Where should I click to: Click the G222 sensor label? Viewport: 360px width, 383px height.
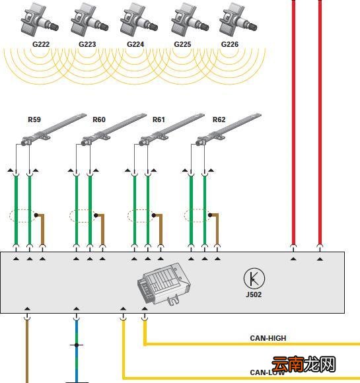click(41, 44)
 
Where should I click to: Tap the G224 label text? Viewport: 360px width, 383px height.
click(135, 44)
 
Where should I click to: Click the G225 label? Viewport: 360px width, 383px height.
click(182, 44)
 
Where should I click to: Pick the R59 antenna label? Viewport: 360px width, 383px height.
click(34, 120)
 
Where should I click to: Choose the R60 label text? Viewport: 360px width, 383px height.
click(99, 120)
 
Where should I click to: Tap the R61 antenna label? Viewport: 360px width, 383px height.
click(159, 120)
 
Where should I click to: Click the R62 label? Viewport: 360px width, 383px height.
click(219, 120)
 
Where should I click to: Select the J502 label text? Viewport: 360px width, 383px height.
click(254, 295)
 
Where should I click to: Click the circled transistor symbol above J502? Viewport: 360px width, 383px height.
click(254, 279)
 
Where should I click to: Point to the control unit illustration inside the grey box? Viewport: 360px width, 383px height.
click(164, 284)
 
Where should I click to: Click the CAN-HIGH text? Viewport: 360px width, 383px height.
click(268, 338)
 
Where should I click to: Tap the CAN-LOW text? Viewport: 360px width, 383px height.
click(268, 372)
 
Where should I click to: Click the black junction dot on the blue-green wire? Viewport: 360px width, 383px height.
click(77, 345)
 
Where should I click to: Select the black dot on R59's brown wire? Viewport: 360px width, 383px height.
click(36, 215)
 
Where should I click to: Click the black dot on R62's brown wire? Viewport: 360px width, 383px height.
click(210, 215)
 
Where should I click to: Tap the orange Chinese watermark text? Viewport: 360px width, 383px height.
click(304, 365)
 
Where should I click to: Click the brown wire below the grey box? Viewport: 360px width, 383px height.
click(27, 351)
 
